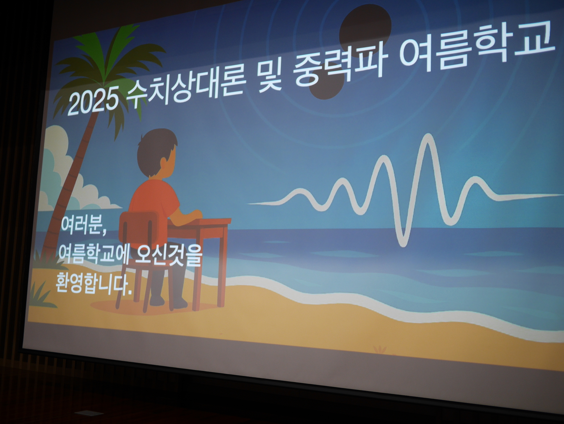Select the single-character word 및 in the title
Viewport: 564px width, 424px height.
pos(270,74)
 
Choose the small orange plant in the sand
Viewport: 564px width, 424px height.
pos(380,350)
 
